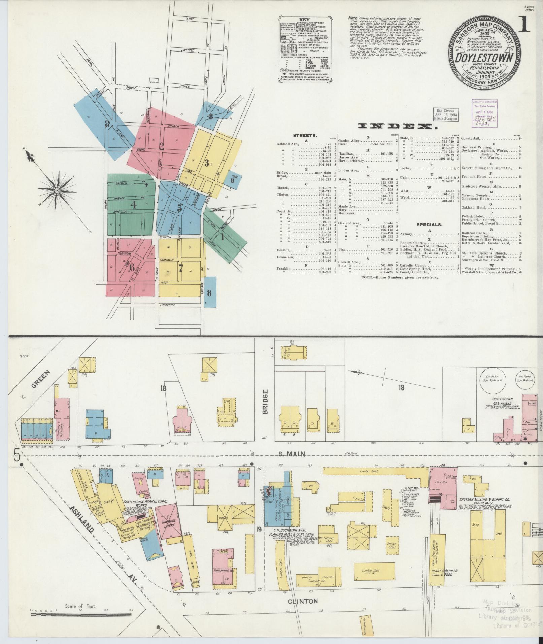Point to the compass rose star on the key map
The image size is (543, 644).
tap(57, 190)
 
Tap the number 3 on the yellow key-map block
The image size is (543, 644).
tap(206, 163)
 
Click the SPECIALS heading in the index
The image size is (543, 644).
tap(429, 224)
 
